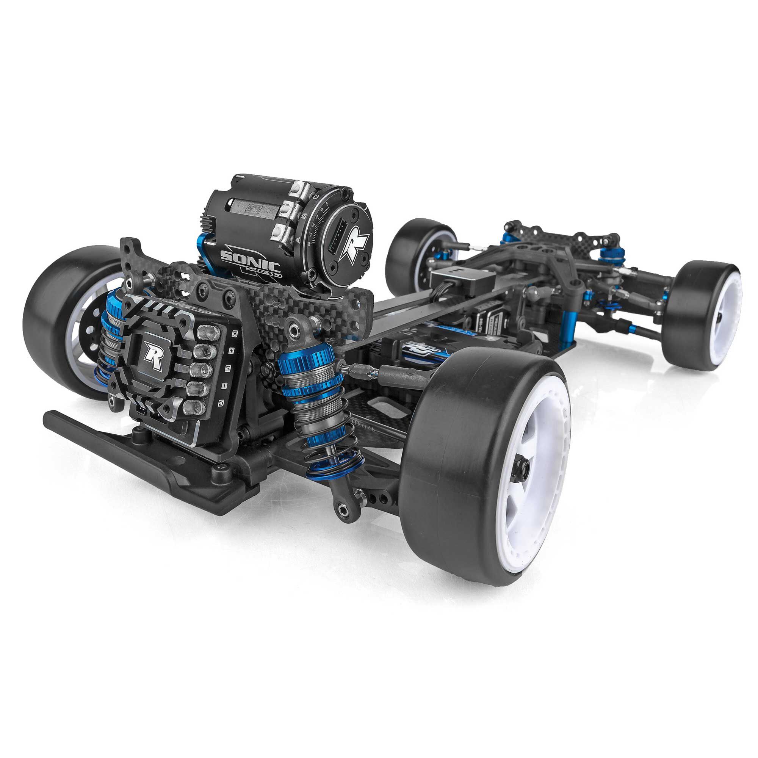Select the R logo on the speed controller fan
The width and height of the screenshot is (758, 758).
153,353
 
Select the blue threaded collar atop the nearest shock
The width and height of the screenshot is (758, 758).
306,357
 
